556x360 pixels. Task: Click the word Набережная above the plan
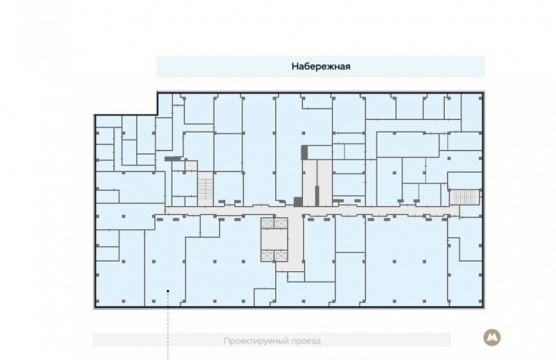(321, 66)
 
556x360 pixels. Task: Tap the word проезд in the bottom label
(306, 341)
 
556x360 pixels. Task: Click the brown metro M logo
(492, 338)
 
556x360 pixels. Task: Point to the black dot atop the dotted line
(168, 292)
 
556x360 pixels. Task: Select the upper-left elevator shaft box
(266, 224)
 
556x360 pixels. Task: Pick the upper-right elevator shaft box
(281, 224)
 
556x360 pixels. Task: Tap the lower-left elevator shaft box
(266, 256)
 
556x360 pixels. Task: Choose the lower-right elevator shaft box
(281, 256)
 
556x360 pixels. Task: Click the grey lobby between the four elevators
(274, 239)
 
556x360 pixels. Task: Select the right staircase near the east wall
(464, 197)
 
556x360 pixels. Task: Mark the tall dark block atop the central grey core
(304, 153)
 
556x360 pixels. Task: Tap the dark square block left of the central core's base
(298, 202)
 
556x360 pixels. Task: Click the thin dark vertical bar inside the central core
(317, 196)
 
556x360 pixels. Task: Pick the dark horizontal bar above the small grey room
(173, 159)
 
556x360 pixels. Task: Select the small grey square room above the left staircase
(191, 165)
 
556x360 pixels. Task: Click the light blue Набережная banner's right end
(483, 66)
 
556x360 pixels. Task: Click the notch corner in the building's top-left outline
(157, 115)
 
